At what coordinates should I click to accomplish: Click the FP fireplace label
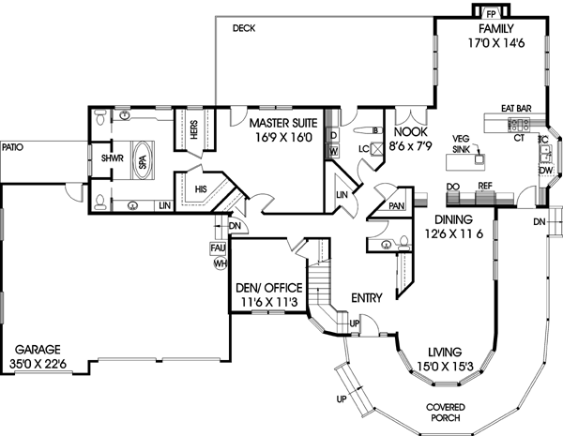point(490,13)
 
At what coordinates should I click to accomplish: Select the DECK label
point(244,29)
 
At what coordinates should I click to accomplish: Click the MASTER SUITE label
point(282,122)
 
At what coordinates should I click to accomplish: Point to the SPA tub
point(143,161)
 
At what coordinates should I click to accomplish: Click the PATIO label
point(13,146)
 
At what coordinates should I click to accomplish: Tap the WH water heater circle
point(221,264)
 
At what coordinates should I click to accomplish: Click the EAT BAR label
point(516,110)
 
